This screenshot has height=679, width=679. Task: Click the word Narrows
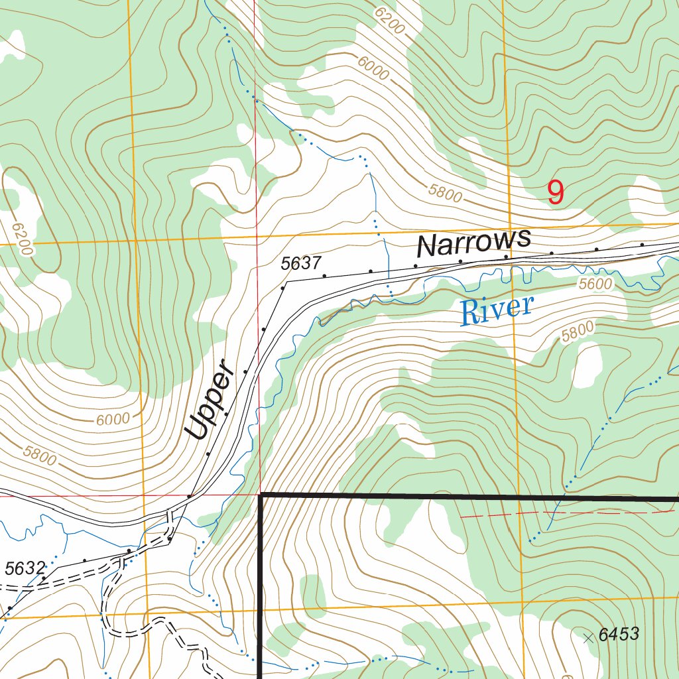click(x=474, y=243)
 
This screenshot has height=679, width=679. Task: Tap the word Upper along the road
click(x=210, y=401)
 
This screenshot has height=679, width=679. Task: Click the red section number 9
click(x=556, y=192)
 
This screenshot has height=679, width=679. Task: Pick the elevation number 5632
click(x=25, y=568)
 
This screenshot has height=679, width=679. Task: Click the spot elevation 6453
click(x=618, y=635)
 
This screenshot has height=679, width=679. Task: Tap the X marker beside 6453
click(x=587, y=638)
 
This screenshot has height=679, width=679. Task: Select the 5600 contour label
click(x=595, y=283)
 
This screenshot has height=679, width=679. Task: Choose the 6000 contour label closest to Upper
click(x=113, y=419)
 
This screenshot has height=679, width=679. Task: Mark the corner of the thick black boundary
click(x=261, y=495)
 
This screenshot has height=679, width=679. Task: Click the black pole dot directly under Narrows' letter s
click(x=506, y=256)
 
